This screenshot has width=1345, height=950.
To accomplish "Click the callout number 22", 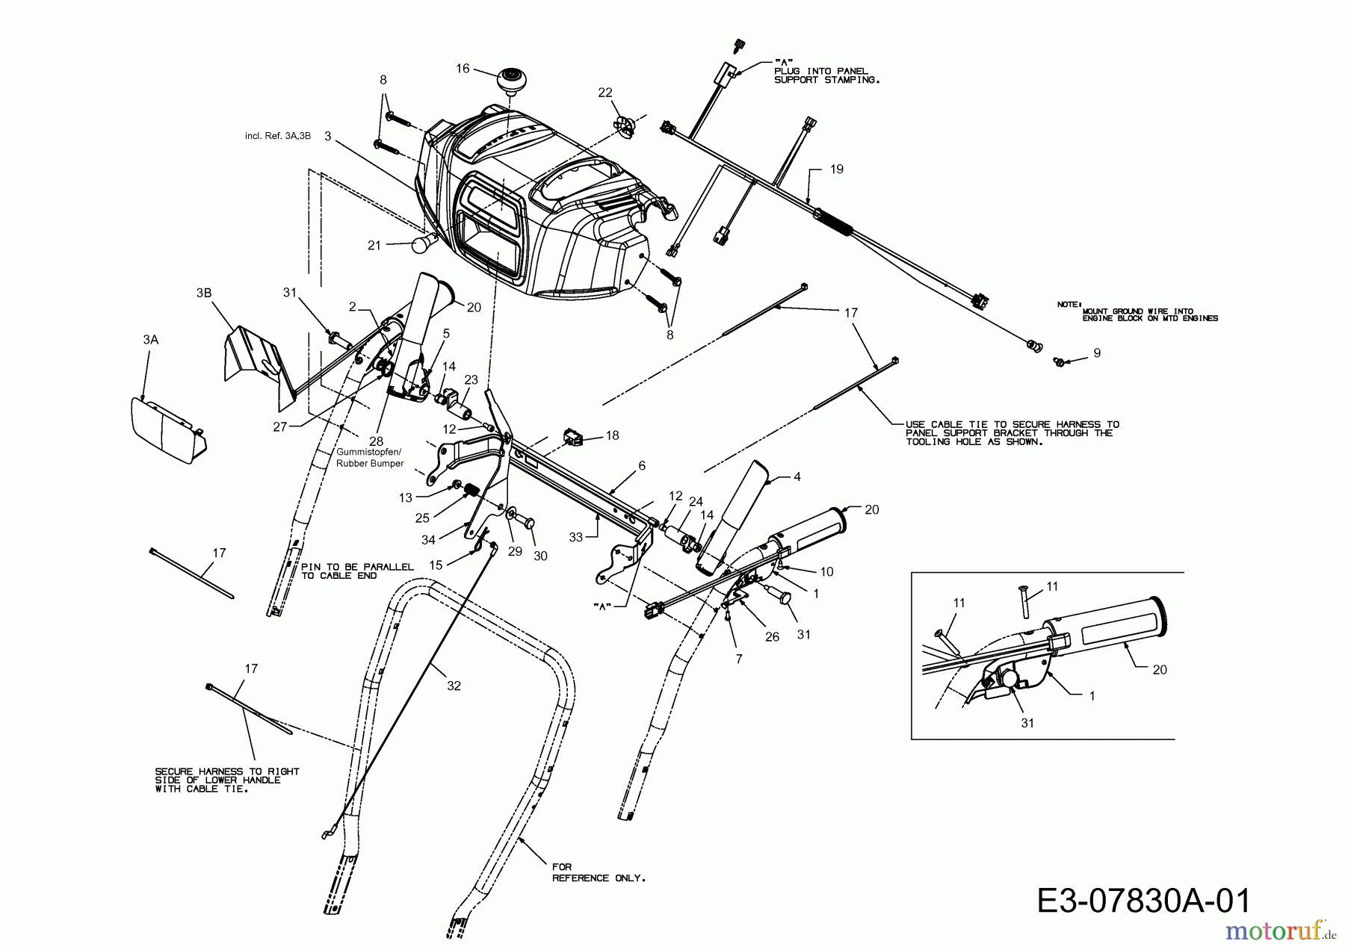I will (x=605, y=92).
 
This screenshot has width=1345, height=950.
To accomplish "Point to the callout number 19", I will (x=837, y=169).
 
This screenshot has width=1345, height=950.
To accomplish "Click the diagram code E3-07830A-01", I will (x=1143, y=901).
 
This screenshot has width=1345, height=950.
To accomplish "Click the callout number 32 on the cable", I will (x=454, y=686).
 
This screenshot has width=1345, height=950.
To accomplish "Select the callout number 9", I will (x=1097, y=353).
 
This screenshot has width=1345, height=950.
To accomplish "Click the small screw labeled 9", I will (x=1059, y=362).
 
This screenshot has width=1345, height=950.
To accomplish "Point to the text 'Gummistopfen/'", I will (x=369, y=453).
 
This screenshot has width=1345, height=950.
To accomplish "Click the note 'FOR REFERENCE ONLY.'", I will (x=599, y=872).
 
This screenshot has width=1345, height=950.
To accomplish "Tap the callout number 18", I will (x=613, y=435).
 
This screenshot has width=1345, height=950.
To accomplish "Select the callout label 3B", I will (x=203, y=293).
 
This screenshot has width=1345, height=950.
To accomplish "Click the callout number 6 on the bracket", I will (x=641, y=465).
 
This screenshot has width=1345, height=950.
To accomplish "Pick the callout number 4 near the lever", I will (x=797, y=476).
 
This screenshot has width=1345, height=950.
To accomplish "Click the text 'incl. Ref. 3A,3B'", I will (x=277, y=136).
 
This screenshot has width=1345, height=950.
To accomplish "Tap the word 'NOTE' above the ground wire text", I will (x=1068, y=304).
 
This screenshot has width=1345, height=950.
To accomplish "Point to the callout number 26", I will (x=772, y=636).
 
